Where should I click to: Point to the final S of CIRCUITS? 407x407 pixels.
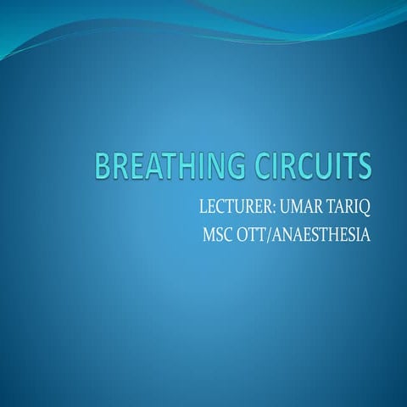(x=365, y=166)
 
